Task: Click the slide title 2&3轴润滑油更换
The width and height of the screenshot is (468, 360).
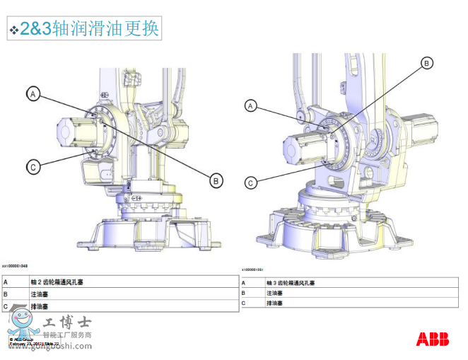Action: coord(89,28)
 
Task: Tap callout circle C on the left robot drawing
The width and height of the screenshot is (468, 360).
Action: coord(33,167)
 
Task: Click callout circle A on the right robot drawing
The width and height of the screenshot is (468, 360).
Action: coord(250,106)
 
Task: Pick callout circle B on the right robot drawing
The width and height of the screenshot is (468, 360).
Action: coord(426,64)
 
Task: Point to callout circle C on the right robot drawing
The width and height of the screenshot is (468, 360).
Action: coord(250,182)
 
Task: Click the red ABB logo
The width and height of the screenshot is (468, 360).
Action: coord(432,339)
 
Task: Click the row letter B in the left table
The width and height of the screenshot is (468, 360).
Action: coord(6,294)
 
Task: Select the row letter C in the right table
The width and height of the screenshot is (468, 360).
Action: coord(243,303)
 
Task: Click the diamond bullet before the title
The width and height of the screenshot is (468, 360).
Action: coord(13,30)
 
